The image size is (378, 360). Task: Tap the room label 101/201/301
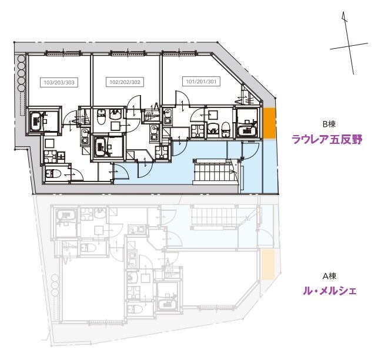pos(202,82)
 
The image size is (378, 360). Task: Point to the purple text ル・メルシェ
pos(329,290)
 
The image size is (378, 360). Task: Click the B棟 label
pos(329,125)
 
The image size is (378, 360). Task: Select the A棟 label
pos(329,275)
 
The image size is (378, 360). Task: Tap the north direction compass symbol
pos(347,45)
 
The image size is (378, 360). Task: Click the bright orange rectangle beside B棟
pos(269,123)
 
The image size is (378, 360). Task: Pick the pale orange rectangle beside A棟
pos(268,263)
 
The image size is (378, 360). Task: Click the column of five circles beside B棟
pos(22,73)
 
